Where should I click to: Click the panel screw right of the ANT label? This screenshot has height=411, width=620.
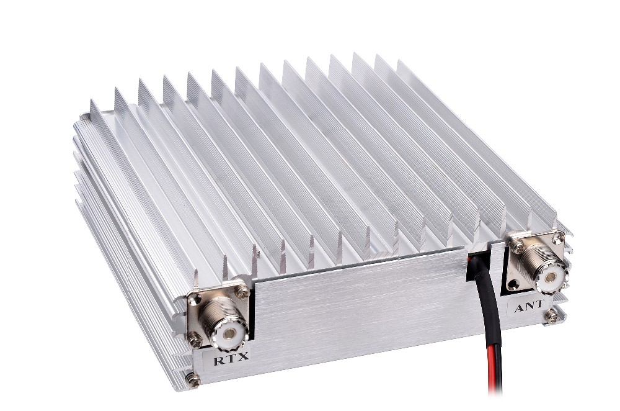coord(550,315)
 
